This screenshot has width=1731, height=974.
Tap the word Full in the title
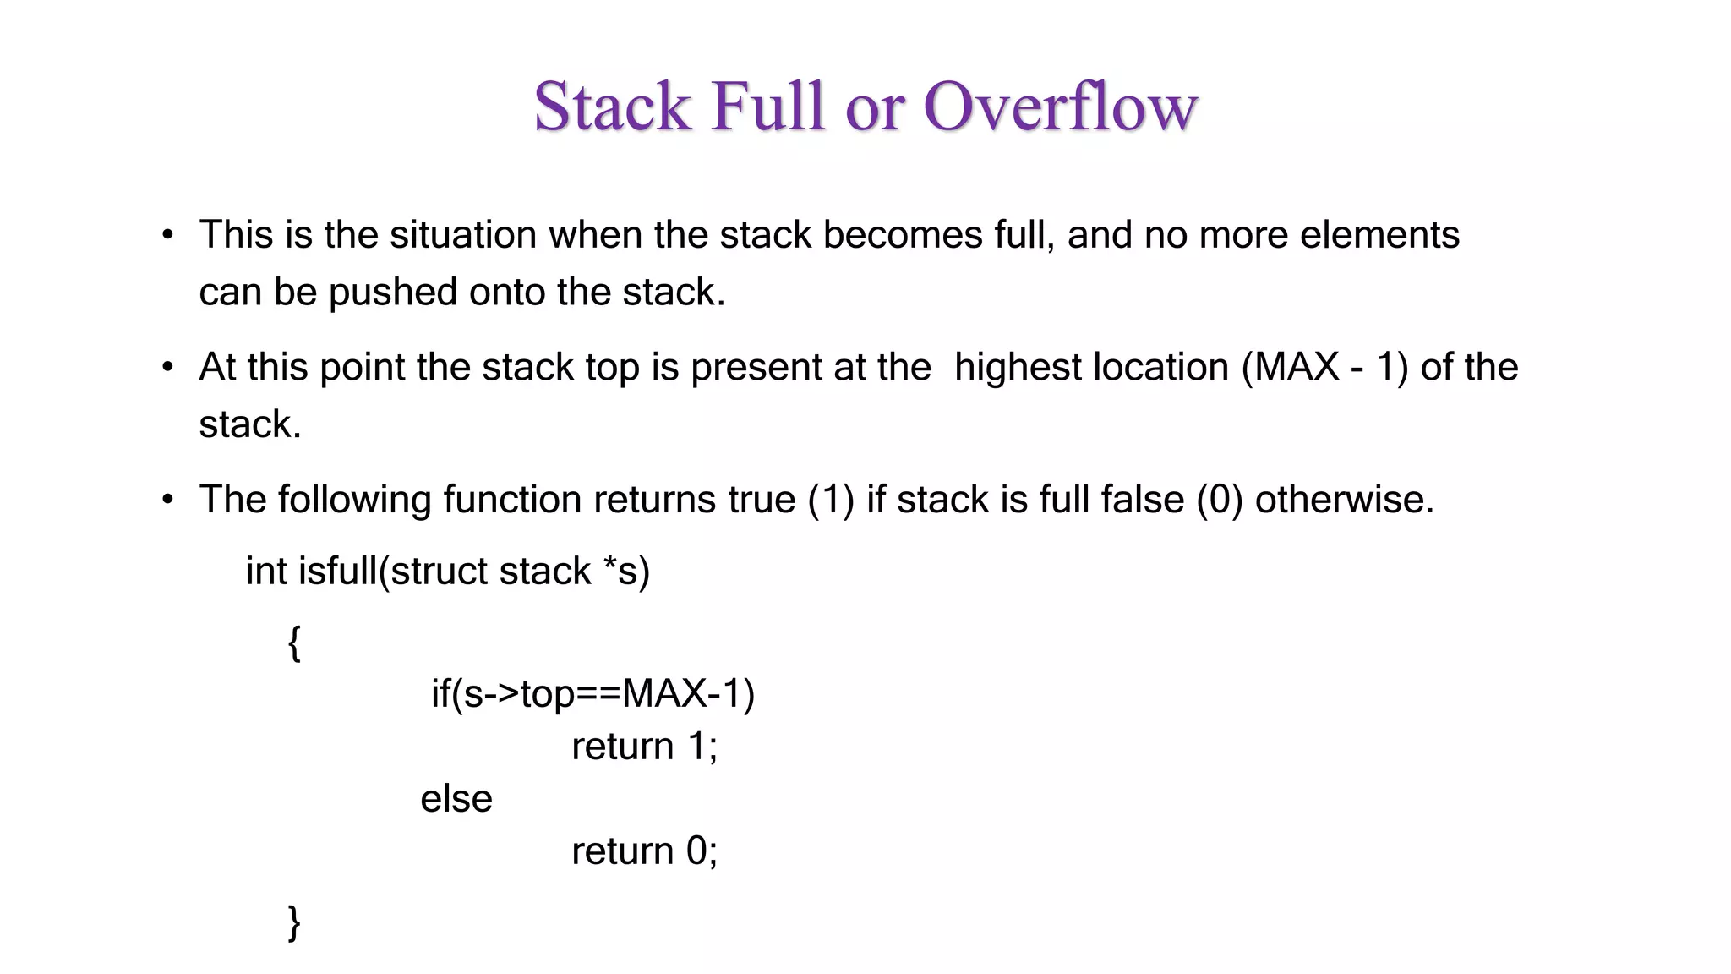point(767,107)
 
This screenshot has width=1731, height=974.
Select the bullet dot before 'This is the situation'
point(168,235)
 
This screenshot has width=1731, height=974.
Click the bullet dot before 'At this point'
point(168,368)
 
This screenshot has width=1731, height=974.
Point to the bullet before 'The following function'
point(168,500)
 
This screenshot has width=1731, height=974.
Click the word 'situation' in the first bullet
point(462,235)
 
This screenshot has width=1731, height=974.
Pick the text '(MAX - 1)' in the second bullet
point(1324,368)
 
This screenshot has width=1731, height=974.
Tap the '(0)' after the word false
point(1220,500)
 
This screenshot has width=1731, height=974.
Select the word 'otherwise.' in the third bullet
point(1344,500)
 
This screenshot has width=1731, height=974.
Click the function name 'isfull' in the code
point(337,572)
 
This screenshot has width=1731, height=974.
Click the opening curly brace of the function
point(294,643)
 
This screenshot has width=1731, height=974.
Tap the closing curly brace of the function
point(294,922)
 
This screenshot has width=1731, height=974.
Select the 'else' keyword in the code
point(456,799)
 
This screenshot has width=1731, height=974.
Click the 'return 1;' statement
point(644,747)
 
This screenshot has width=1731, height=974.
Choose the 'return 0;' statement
point(644,851)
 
